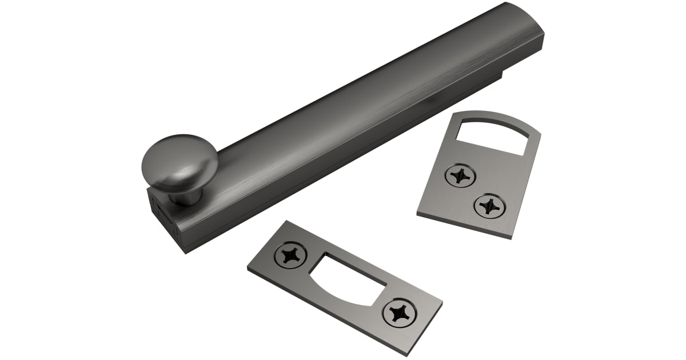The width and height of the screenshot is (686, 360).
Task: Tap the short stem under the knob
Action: pyautogui.click(x=186, y=197)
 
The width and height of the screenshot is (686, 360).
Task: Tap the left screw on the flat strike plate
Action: pyautogui.click(x=290, y=255)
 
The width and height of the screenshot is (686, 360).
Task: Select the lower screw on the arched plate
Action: pyautogui.click(x=489, y=205)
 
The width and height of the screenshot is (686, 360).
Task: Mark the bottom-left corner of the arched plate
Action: pyautogui.click(x=418, y=214)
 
